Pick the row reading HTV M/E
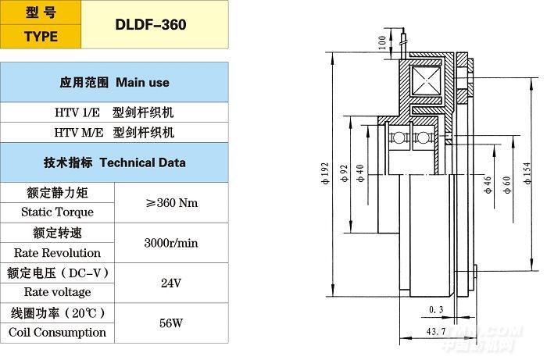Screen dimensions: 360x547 115,132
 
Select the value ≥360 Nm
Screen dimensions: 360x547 172,202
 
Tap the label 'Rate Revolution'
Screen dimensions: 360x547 57,253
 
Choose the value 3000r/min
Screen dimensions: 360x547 171,243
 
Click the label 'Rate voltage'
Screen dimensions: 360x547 52,292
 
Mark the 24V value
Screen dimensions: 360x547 171,283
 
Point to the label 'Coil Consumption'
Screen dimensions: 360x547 57,332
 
